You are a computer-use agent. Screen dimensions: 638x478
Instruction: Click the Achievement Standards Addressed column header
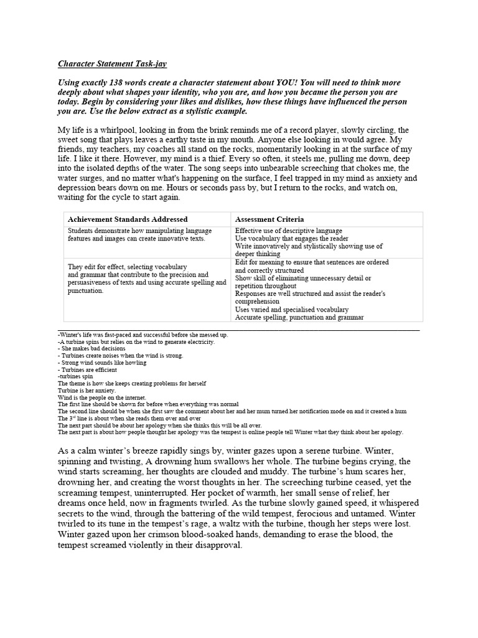coord(128,219)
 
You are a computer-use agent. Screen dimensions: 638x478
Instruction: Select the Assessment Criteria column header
coord(269,219)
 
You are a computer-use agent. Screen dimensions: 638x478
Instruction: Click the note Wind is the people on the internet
coord(101,397)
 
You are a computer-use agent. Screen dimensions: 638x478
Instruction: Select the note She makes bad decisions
coord(92,349)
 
